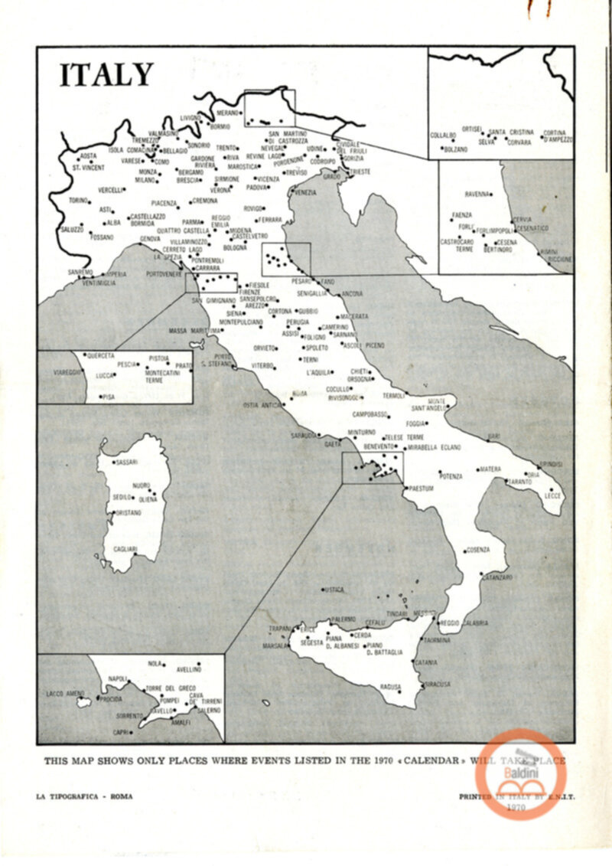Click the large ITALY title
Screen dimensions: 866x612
click(106, 75)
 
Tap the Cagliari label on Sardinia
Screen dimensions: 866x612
click(125, 549)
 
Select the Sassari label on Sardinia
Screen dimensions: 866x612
click(126, 462)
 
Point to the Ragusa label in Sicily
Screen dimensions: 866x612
click(390, 687)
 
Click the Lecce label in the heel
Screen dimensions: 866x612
click(553, 495)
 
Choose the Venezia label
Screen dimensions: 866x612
click(304, 192)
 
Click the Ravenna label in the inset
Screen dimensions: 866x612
click(477, 194)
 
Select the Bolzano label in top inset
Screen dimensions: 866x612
click(456, 149)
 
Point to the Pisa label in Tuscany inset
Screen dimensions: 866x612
click(109, 397)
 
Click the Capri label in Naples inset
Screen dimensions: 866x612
click(120, 732)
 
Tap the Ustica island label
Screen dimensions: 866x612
click(334, 590)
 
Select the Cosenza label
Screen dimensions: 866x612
click(478, 550)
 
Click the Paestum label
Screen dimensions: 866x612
click(422, 488)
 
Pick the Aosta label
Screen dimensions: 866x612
click(89, 155)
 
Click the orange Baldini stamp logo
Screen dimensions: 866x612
click(520, 773)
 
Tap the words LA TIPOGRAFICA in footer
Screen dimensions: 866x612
click(69, 796)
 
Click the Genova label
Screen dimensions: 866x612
click(150, 239)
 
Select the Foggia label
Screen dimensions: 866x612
click(416, 423)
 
